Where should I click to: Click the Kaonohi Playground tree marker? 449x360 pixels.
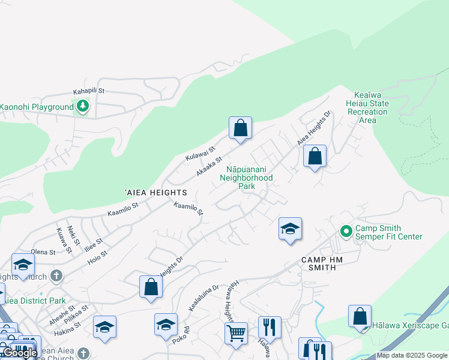click(83, 107)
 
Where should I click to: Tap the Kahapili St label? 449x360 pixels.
click(89, 91)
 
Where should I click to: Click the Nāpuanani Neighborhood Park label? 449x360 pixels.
click(246, 178)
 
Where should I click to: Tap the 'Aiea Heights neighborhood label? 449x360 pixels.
click(156, 193)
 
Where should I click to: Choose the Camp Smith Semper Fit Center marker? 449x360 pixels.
click(346, 231)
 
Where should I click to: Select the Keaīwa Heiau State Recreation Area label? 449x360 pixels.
click(363, 107)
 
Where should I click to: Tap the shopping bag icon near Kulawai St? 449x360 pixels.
click(240, 128)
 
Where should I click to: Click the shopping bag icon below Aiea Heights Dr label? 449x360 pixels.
click(315, 157)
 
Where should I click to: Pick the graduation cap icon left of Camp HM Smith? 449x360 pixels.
click(291, 229)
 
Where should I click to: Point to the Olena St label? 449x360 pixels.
click(43, 252)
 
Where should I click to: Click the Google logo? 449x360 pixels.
click(20, 353)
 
